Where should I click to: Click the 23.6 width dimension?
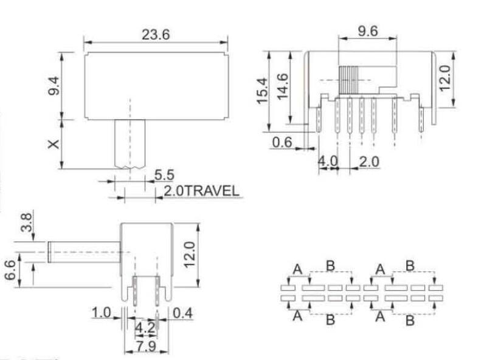pyautogui.click(x=156, y=35)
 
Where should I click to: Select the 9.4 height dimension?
pyautogui.click(x=55, y=86)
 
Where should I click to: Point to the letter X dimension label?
pyautogui.click(x=54, y=144)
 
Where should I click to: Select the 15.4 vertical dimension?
pyautogui.click(x=263, y=91)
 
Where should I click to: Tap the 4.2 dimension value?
pyautogui.click(x=144, y=327)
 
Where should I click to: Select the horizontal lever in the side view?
pyautogui.click(x=85, y=252)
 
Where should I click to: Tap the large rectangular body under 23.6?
pyautogui.click(x=156, y=85)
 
